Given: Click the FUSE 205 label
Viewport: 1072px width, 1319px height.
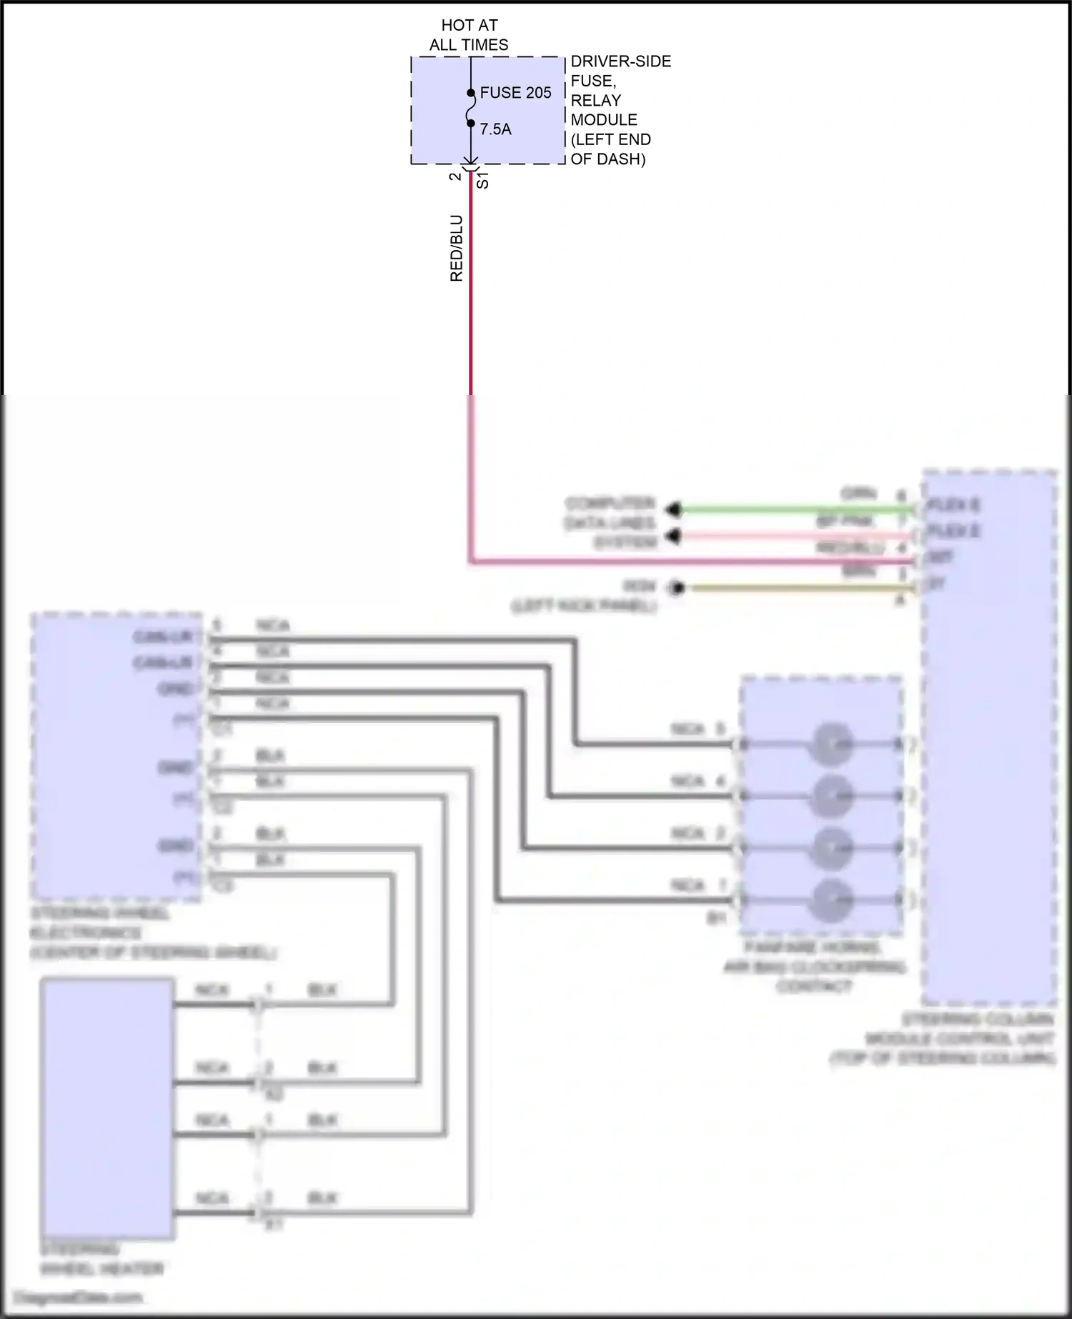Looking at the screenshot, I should tap(515, 93).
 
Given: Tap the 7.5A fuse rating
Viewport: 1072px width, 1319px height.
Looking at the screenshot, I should tap(495, 129).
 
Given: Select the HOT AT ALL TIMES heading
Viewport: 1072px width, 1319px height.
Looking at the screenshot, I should tap(469, 35).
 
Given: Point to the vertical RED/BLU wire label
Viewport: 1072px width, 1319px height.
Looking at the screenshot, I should tap(457, 248).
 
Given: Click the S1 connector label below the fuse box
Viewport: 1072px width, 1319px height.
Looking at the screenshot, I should tap(483, 180).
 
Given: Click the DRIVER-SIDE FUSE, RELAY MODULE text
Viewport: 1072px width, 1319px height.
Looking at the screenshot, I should tap(620, 110).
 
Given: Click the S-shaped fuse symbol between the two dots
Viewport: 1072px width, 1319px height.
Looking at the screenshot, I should tap(471, 108).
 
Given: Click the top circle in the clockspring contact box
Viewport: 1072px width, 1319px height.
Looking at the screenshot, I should tap(830, 744).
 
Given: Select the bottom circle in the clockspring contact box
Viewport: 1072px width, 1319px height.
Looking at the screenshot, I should tap(830, 900).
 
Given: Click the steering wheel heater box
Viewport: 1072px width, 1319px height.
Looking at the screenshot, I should tap(106, 1108).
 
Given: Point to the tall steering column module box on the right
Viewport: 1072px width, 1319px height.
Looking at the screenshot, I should tap(989, 737).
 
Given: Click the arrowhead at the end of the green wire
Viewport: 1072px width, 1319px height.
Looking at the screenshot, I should tap(673, 509).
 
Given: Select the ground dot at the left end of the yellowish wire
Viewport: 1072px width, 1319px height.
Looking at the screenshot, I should tap(677, 588).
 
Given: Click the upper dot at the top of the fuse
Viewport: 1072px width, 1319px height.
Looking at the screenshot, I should tap(471, 93).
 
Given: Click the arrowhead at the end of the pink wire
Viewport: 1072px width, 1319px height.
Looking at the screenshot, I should tap(673, 536).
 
